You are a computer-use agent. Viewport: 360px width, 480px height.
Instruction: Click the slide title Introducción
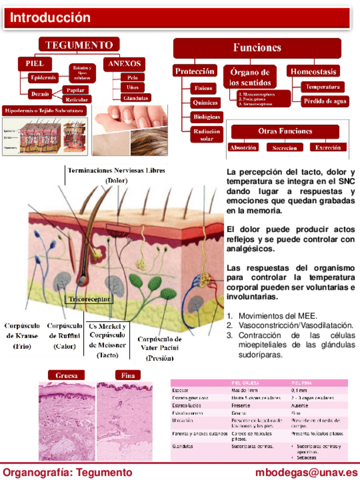(50, 18)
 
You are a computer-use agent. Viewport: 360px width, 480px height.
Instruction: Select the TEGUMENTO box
(79, 45)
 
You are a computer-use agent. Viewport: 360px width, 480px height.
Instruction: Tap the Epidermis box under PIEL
(43, 77)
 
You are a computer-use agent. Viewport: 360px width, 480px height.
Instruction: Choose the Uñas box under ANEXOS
(132, 87)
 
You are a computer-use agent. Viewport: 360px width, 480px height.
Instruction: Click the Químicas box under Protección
(205, 102)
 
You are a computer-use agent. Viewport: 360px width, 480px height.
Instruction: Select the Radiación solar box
(207, 135)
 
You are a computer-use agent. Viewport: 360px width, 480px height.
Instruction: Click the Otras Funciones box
(285, 131)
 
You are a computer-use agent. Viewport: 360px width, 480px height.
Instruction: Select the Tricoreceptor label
(89, 298)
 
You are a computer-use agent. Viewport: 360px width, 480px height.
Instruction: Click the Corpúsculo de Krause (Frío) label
(22, 336)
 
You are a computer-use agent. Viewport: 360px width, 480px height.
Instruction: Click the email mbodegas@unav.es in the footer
(306, 472)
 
